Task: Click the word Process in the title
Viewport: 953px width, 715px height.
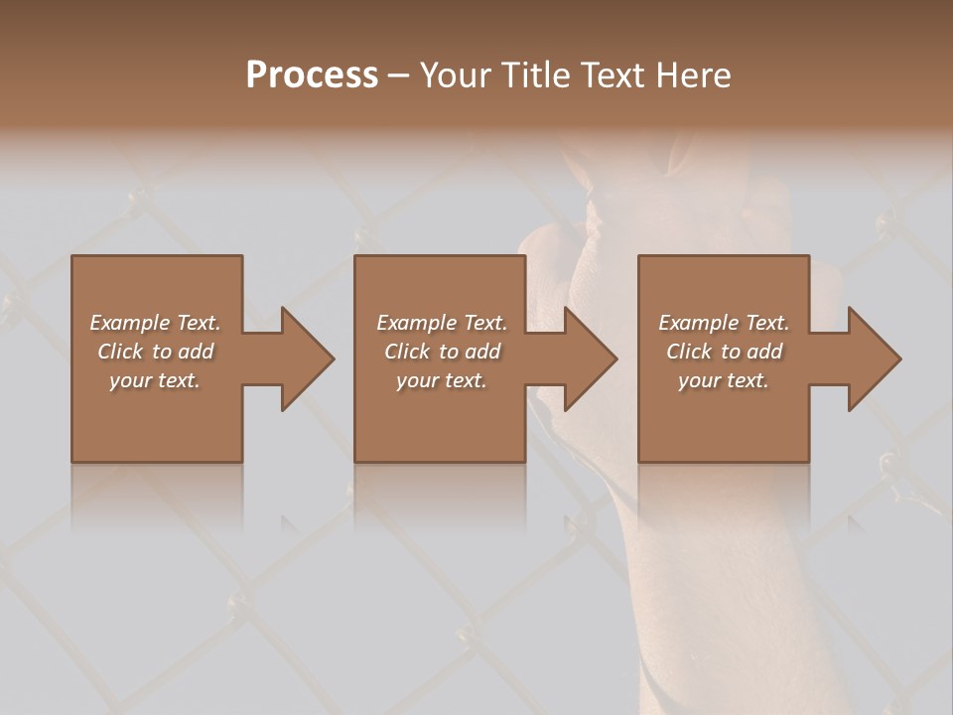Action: [x=312, y=74]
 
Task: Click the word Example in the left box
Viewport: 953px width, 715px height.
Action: [x=130, y=323]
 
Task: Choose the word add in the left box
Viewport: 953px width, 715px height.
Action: [x=196, y=352]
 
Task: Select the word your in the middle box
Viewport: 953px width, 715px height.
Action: [x=416, y=380]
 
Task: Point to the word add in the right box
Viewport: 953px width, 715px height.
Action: [x=764, y=352]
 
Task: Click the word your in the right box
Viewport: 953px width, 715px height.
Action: [x=698, y=380]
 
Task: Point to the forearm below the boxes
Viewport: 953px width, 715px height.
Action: [x=695, y=576]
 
